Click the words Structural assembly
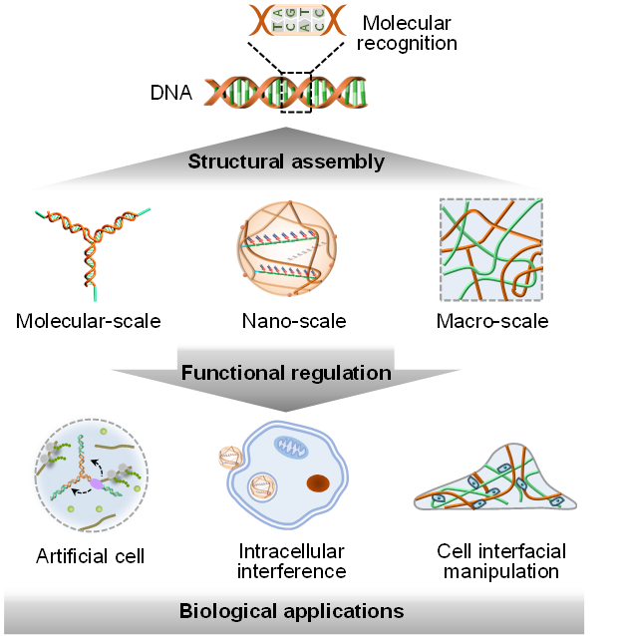point(286,161)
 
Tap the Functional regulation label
point(286,374)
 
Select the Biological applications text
point(291,610)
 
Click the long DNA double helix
point(286,93)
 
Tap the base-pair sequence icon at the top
point(298,20)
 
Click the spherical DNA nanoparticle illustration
point(286,246)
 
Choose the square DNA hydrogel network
point(491,249)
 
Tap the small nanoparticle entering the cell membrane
point(231,458)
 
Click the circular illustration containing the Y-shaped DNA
point(91,477)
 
